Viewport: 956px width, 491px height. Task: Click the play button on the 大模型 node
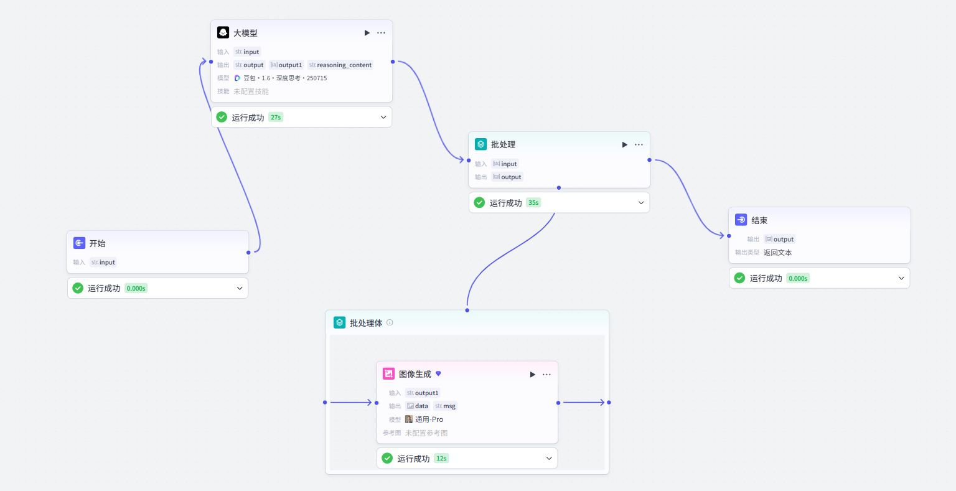367,33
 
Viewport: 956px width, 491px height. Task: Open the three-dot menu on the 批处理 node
639,144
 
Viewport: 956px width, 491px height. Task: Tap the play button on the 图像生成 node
532,375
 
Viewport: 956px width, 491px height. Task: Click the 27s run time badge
276,118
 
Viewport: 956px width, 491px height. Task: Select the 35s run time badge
533,203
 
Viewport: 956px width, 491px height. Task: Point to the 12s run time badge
441,459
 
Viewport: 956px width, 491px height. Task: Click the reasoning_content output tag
340,65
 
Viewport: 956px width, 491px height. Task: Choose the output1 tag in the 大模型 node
286,65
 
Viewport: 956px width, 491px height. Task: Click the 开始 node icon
79,243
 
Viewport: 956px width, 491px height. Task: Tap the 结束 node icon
741,220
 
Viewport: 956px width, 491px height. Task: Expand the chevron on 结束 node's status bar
901,278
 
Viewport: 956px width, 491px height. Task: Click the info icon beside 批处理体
390,322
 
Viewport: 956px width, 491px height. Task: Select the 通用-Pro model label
429,419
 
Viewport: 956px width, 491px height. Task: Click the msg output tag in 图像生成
445,406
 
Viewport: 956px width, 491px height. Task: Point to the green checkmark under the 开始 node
78,288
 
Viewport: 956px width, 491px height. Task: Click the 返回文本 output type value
777,253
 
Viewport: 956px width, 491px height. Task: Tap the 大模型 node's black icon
223,32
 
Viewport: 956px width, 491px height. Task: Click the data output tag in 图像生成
417,406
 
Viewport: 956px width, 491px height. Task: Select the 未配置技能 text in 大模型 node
251,91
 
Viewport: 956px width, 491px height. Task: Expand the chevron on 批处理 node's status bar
641,203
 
